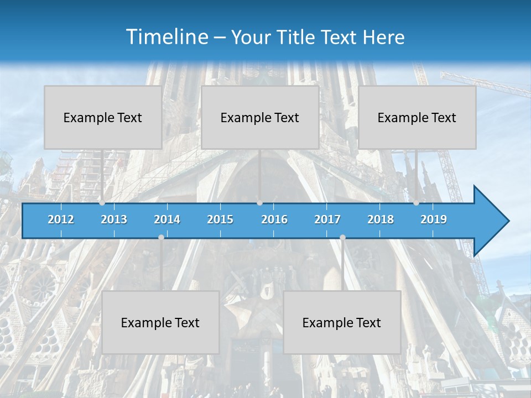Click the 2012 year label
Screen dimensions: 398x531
pos(61,219)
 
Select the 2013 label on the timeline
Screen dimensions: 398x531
pos(114,219)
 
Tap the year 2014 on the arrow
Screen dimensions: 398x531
pos(167,219)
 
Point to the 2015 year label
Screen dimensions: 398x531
pos(220,219)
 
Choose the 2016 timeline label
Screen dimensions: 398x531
pos(274,219)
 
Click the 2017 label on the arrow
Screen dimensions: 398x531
pos(327,219)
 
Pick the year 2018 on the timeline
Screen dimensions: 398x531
pos(381,219)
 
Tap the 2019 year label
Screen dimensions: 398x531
pos(434,219)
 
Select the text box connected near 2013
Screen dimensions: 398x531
pos(103,117)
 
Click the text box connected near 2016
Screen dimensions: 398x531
pos(260,117)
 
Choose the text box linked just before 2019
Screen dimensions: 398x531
pos(417,117)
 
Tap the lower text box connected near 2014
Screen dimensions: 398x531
pos(160,322)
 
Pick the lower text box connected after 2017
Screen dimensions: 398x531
pos(342,322)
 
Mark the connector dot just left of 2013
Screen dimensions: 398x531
pos(102,203)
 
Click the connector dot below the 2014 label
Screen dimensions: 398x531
pos(161,237)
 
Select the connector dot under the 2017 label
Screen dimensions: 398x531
pos(342,237)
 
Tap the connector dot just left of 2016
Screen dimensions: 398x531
pos(259,203)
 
